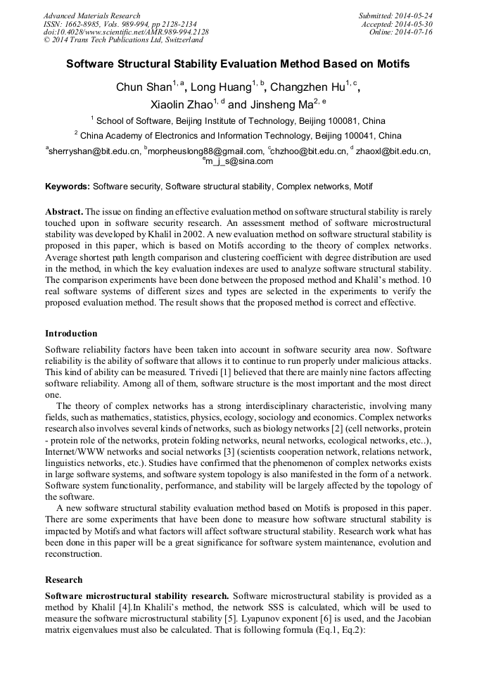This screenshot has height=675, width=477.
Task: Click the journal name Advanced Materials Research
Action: (91, 15)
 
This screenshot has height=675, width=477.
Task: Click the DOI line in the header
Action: (126, 32)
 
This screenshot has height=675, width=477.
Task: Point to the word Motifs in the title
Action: (392, 63)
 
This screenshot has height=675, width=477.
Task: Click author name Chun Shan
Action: (144, 88)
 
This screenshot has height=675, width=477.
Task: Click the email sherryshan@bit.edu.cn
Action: (94, 151)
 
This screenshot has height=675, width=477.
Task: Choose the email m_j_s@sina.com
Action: (240, 161)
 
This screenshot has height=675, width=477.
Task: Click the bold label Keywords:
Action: (68, 187)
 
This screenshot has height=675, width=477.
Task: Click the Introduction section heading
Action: (71, 334)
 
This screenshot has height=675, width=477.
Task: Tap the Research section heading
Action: (63, 580)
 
